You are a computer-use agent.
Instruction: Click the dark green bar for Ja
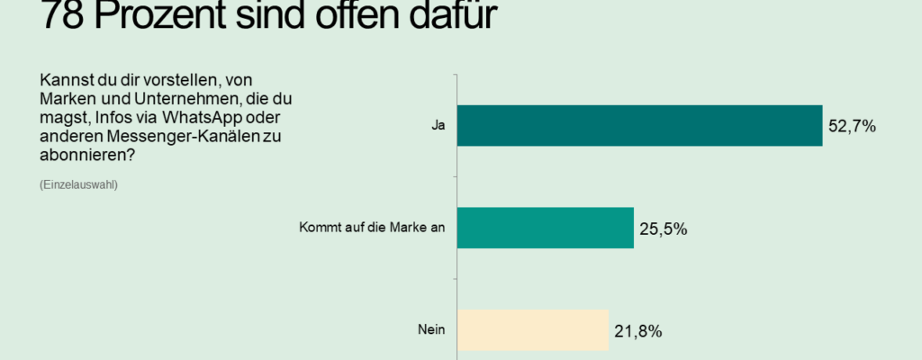click(639, 125)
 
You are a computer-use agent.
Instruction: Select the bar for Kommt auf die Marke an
click(545, 228)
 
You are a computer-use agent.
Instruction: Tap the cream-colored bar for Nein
click(532, 329)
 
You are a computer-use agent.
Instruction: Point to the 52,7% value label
click(852, 127)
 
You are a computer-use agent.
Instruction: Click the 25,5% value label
click(664, 229)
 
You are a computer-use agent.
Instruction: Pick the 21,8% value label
click(637, 331)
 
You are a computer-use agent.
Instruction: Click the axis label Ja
click(438, 126)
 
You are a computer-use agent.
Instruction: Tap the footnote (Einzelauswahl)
click(79, 184)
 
